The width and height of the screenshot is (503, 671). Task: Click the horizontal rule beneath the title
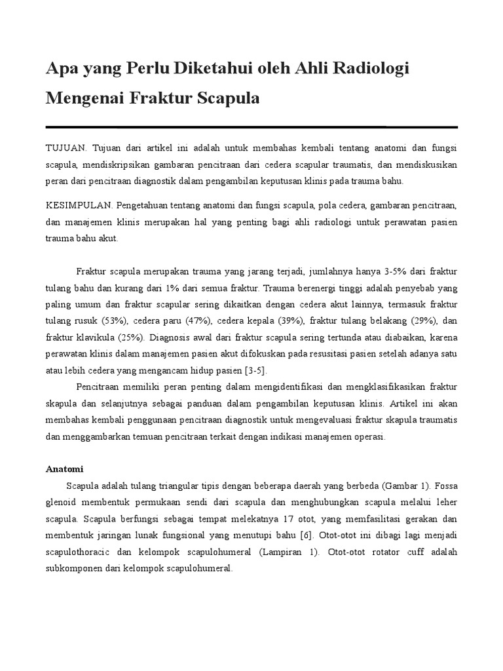tap(251, 126)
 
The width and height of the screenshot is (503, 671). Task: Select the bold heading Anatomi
tap(64, 469)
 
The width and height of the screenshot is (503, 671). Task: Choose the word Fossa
tap(445, 486)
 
